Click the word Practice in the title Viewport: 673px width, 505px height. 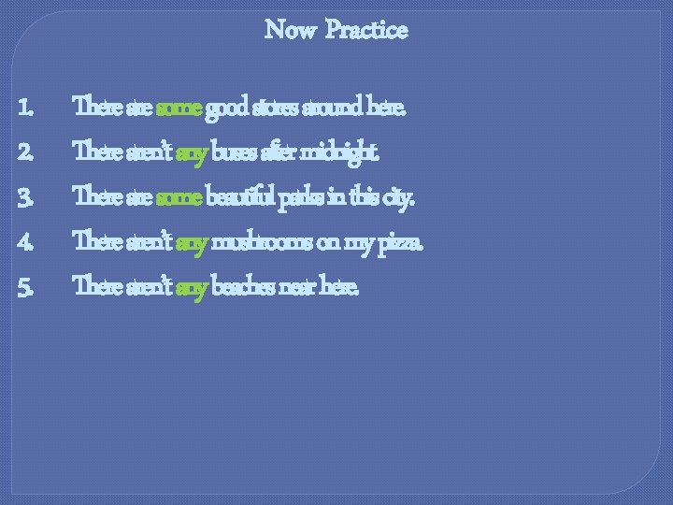point(367,30)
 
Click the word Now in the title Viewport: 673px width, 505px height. point(290,30)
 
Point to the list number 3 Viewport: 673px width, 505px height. point(25,197)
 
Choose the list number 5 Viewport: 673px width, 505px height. point(25,287)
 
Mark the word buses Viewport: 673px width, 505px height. point(237,152)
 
